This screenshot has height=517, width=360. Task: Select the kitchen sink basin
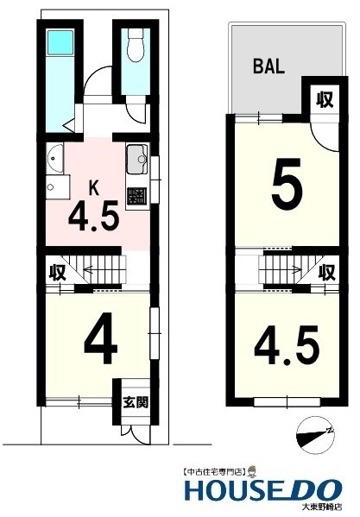(136, 161)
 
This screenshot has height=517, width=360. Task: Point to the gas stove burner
(136, 195)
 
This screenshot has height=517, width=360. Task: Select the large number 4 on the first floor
(100, 344)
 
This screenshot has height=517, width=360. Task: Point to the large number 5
(287, 184)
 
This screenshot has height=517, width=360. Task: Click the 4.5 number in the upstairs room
(283, 343)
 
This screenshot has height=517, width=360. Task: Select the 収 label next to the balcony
(324, 99)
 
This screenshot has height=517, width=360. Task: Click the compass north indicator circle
(314, 429)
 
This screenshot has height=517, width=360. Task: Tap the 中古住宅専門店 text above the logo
(213, 472)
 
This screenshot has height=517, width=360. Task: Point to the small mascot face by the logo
(253, 471)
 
